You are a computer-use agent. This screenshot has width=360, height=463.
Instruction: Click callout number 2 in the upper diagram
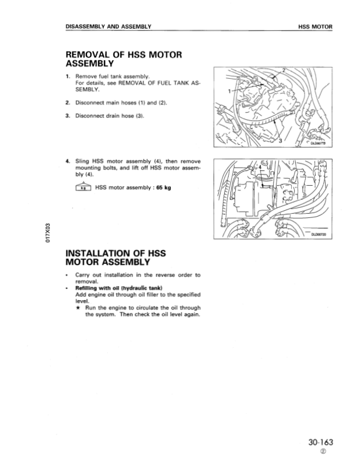tap(284, 71)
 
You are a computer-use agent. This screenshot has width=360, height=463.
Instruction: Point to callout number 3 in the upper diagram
tap(280, 141)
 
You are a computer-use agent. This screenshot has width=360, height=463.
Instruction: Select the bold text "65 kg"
tap(161, 187)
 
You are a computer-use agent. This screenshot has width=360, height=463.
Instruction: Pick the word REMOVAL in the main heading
tap(94, 55)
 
